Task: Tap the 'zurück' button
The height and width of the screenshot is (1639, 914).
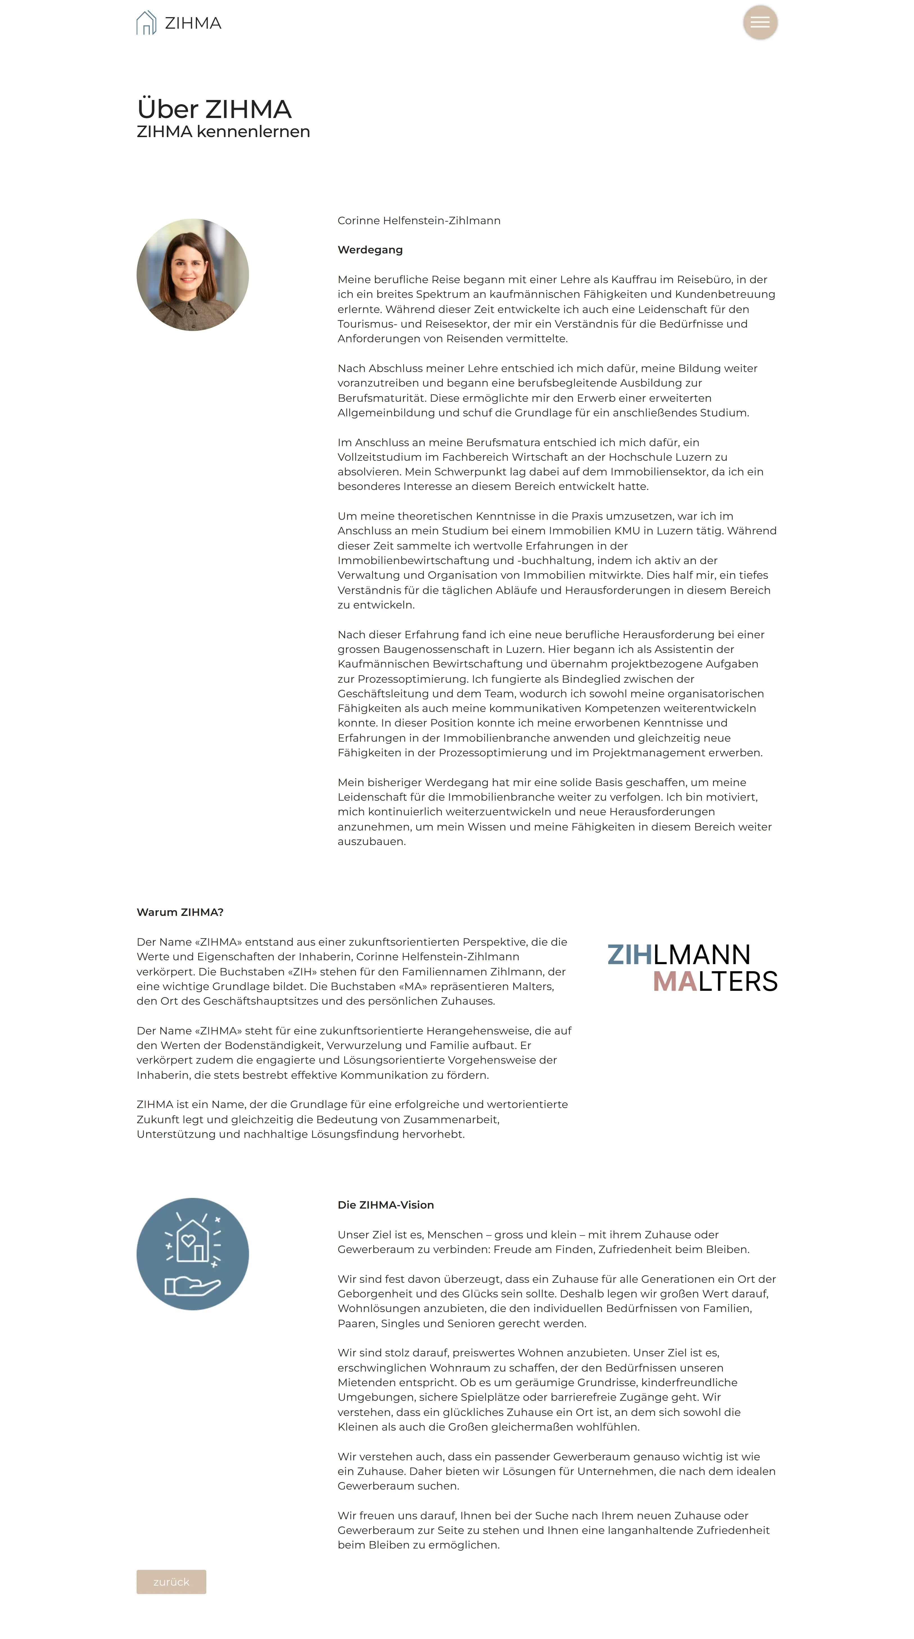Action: [x=171, y=1581]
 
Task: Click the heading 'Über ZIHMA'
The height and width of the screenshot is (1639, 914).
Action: [x=214, y=109]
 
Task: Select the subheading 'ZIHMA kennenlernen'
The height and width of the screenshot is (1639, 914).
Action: [x=223, y=132]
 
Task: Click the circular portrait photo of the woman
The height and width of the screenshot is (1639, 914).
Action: [x=192, y=275]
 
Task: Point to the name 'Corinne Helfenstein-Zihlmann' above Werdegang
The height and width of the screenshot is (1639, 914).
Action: [x=419, y=221]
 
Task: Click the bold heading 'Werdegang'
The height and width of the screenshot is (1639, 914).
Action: [x=370, y=250]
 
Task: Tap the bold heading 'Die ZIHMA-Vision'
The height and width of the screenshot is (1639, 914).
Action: [x=385, y=1204]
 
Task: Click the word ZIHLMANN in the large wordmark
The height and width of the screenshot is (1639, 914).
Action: [x=678, y=954]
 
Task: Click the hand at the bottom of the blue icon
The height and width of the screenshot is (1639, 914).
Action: [x=192, y=1286]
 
